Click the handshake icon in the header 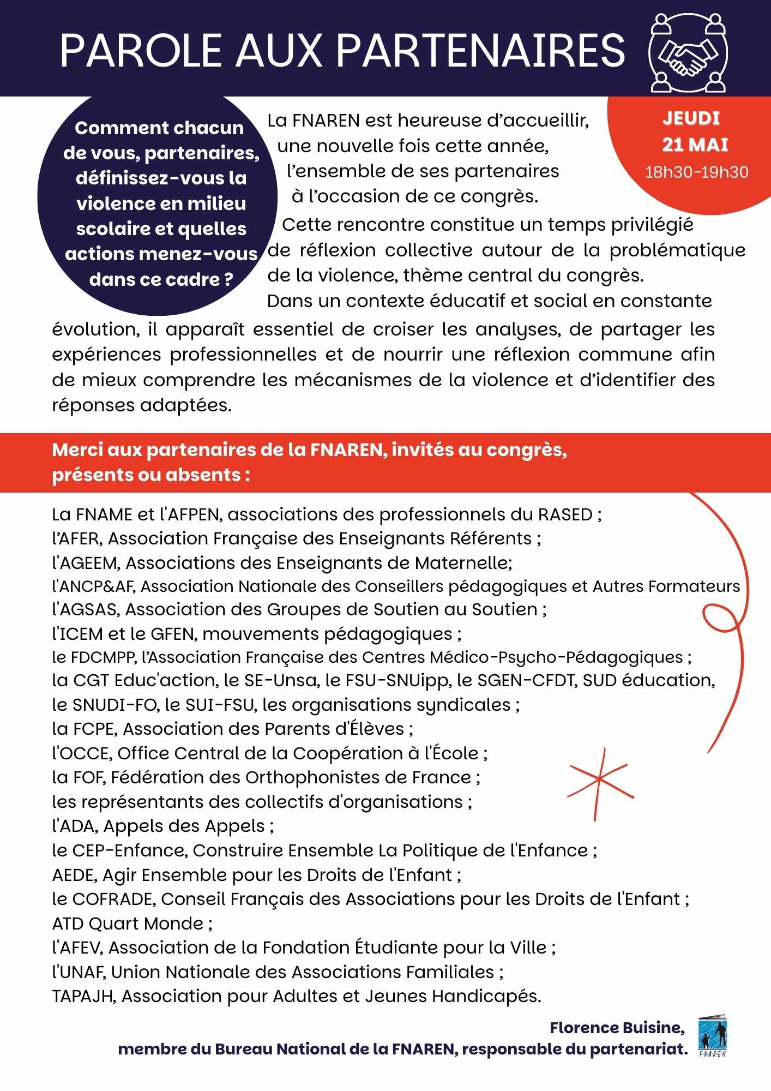pos(688,53)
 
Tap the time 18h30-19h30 pos(696,172)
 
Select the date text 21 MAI pos(695,145)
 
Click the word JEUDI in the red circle pos(691,118)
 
